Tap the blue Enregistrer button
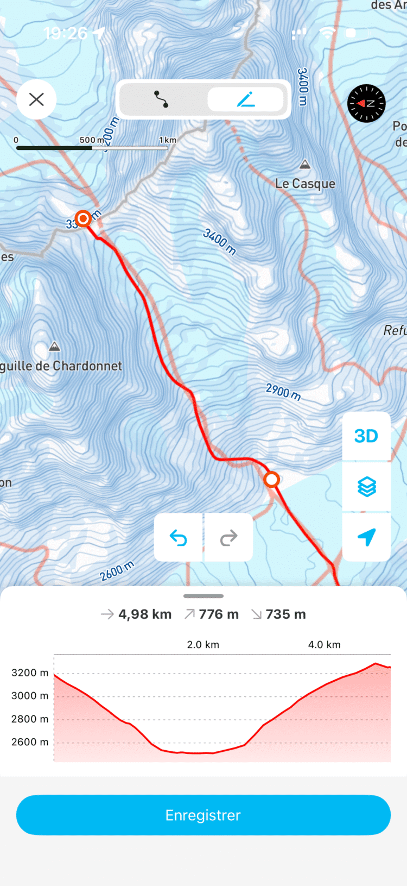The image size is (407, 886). coord(203,815)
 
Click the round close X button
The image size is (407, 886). coord(36,99)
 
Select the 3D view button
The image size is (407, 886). coord(366,436)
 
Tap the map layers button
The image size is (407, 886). coord(366,487)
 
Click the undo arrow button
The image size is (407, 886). coord(178,538)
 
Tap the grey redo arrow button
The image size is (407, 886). coord(228,538)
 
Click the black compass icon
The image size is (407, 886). coord(366,103)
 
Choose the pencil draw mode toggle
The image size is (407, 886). coord(246,99)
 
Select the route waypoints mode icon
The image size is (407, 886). coord(161,99)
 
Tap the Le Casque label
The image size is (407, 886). coord(305,184)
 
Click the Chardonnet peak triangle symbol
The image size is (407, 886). coord(54,347)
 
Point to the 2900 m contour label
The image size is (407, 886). coord(283,391)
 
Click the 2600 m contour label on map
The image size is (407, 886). coord(117,571)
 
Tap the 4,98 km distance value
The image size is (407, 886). coord(145,614)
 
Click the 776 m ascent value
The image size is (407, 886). coord(218,614)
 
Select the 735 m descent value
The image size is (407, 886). coord(285,614)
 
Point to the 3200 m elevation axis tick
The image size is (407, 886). coord(30,673)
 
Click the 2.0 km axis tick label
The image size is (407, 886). coord(203,645)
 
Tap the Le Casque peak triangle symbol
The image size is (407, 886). coord(305,164)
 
